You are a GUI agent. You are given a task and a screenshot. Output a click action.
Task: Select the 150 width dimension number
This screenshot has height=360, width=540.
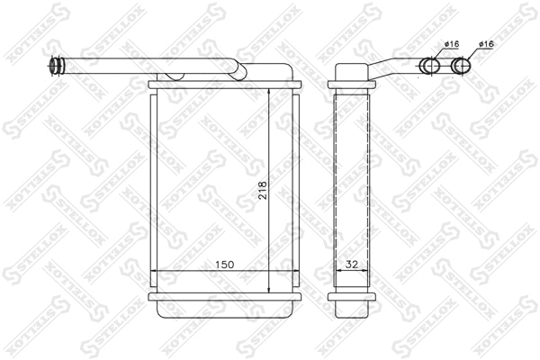click(x=224, y=265)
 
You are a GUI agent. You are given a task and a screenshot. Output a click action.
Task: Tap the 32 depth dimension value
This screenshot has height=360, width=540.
click(x=352, y=265)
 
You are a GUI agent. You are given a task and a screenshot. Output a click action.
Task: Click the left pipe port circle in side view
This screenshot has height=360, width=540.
click(x=431, y=65)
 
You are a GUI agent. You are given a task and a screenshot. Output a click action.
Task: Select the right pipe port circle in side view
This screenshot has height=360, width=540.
click(x=462, y=65)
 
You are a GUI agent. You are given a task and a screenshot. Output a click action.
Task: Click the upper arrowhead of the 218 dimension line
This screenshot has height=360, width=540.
click(x=270, y=94)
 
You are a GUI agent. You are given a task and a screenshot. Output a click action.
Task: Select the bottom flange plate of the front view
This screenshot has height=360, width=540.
click(x=224, y=297)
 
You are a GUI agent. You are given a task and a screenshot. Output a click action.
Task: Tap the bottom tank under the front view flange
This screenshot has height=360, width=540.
click(x=224, y=310)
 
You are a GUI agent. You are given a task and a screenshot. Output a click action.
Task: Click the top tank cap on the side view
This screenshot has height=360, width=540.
click(x=353, y=72)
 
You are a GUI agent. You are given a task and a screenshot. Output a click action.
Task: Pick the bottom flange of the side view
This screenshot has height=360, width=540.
click(x=353, y=297)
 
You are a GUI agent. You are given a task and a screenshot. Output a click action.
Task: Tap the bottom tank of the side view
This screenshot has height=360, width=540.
click(x=353, y=310)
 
